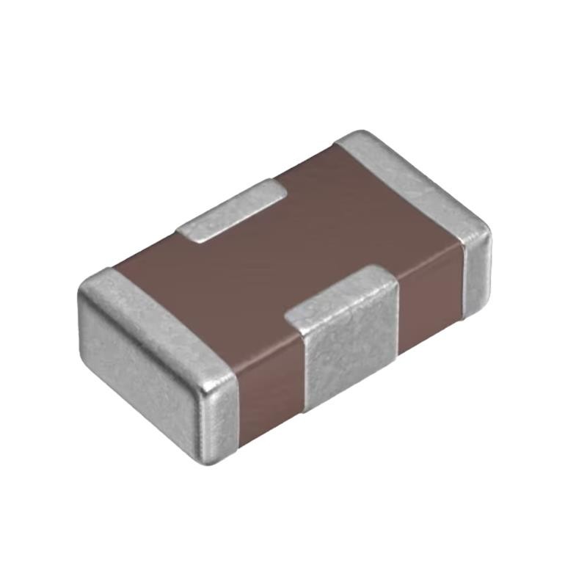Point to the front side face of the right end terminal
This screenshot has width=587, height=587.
click(475, 271)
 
